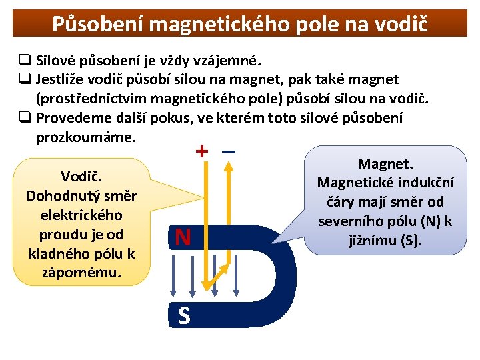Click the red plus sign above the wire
pos(201,151)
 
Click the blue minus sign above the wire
pos(229,151)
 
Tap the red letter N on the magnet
pos(183,237)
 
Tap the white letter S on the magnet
pos(184,316)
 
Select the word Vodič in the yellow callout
pos(81,177)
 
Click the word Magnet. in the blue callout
pos(386,163)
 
